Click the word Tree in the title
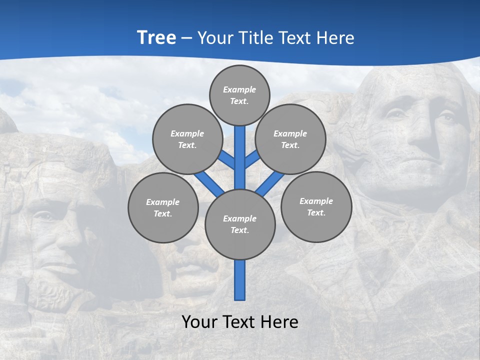(x=156, y=37)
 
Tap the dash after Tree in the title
(x=186, y=38)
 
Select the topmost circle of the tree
(x=239, y=95)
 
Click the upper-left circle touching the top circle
(x=187, y=139)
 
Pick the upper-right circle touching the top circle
(x=290, y=139)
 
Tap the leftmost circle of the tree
(x=163, y=207)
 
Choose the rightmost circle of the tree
(x=316, y=206)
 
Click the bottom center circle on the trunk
(x=240, y=224)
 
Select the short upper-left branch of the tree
(x=226, y=160)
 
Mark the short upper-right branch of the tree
(x=252, y=159)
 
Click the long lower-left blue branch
(x=208, y=183)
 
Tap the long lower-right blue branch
(x=270, y=183)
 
